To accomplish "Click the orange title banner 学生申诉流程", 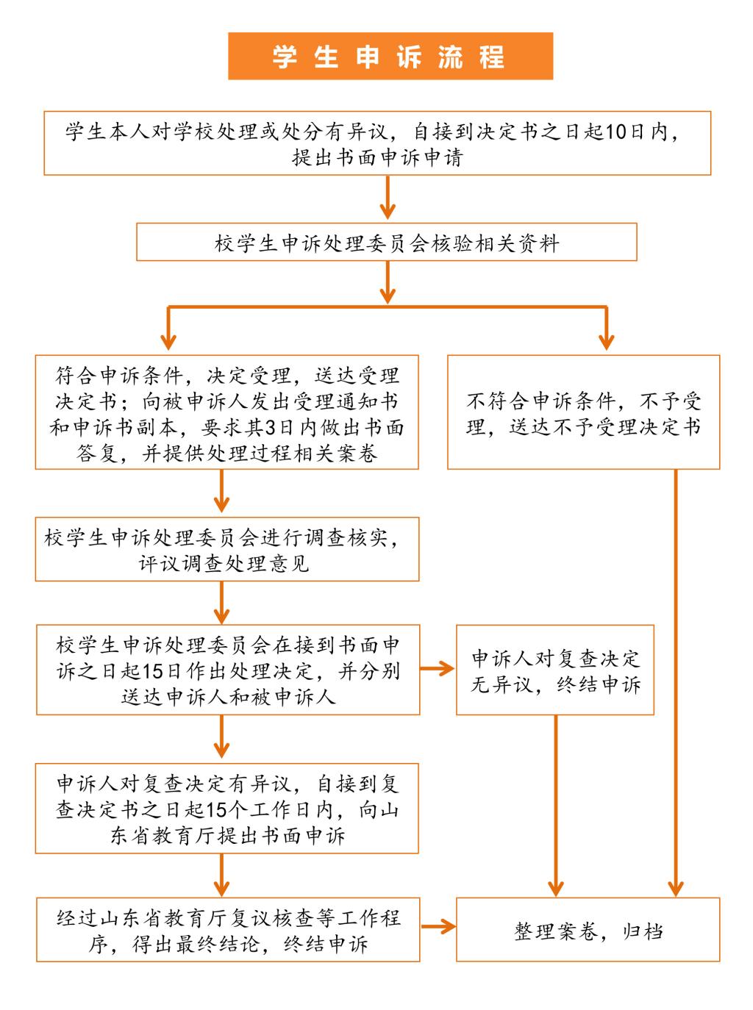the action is (x=390, y=56).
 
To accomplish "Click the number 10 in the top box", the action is (x=615, y=132).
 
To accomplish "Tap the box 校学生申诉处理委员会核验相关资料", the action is (x=387, y=242).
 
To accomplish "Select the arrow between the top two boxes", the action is (x=388, y=198).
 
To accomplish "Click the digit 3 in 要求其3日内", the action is (x=271, y=428).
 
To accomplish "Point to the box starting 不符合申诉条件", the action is (x=584, y=412).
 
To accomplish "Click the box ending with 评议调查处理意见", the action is (x=227, y=549).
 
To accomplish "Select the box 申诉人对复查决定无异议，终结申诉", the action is (x=555, y=670).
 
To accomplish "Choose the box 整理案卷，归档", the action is (x=588, y=929).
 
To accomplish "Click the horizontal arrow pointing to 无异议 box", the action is (x=437, y=669).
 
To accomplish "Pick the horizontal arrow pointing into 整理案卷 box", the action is (x=438, y=926).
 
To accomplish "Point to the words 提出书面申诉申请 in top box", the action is (x=377, y=158).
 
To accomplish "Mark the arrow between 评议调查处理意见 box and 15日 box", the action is (x=221, y=603).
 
